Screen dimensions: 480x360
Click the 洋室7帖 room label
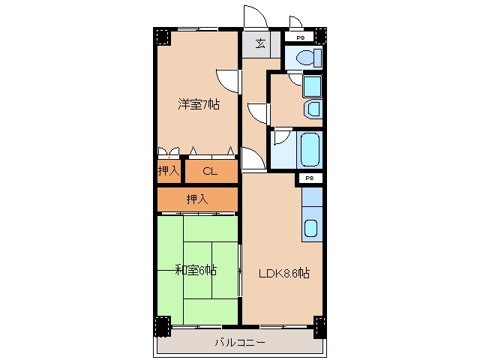[199, 105]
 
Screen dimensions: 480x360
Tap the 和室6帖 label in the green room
[196, 270]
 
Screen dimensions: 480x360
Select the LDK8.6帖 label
[284, 273]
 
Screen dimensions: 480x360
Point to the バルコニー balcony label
[240, 342]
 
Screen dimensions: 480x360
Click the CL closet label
[210, 171]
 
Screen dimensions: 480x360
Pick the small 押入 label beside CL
[169, 170]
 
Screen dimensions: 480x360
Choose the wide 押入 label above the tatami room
[197, 199]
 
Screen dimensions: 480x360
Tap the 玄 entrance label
[260, 43]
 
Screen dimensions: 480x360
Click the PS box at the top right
[300, 37]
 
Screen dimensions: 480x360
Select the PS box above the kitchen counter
[310, 178]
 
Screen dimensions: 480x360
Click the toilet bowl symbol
[308, 57]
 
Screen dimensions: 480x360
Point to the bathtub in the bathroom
[310, 150]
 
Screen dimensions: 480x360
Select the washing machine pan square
[312, 86]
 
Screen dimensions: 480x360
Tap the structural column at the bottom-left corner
[163, 326]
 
